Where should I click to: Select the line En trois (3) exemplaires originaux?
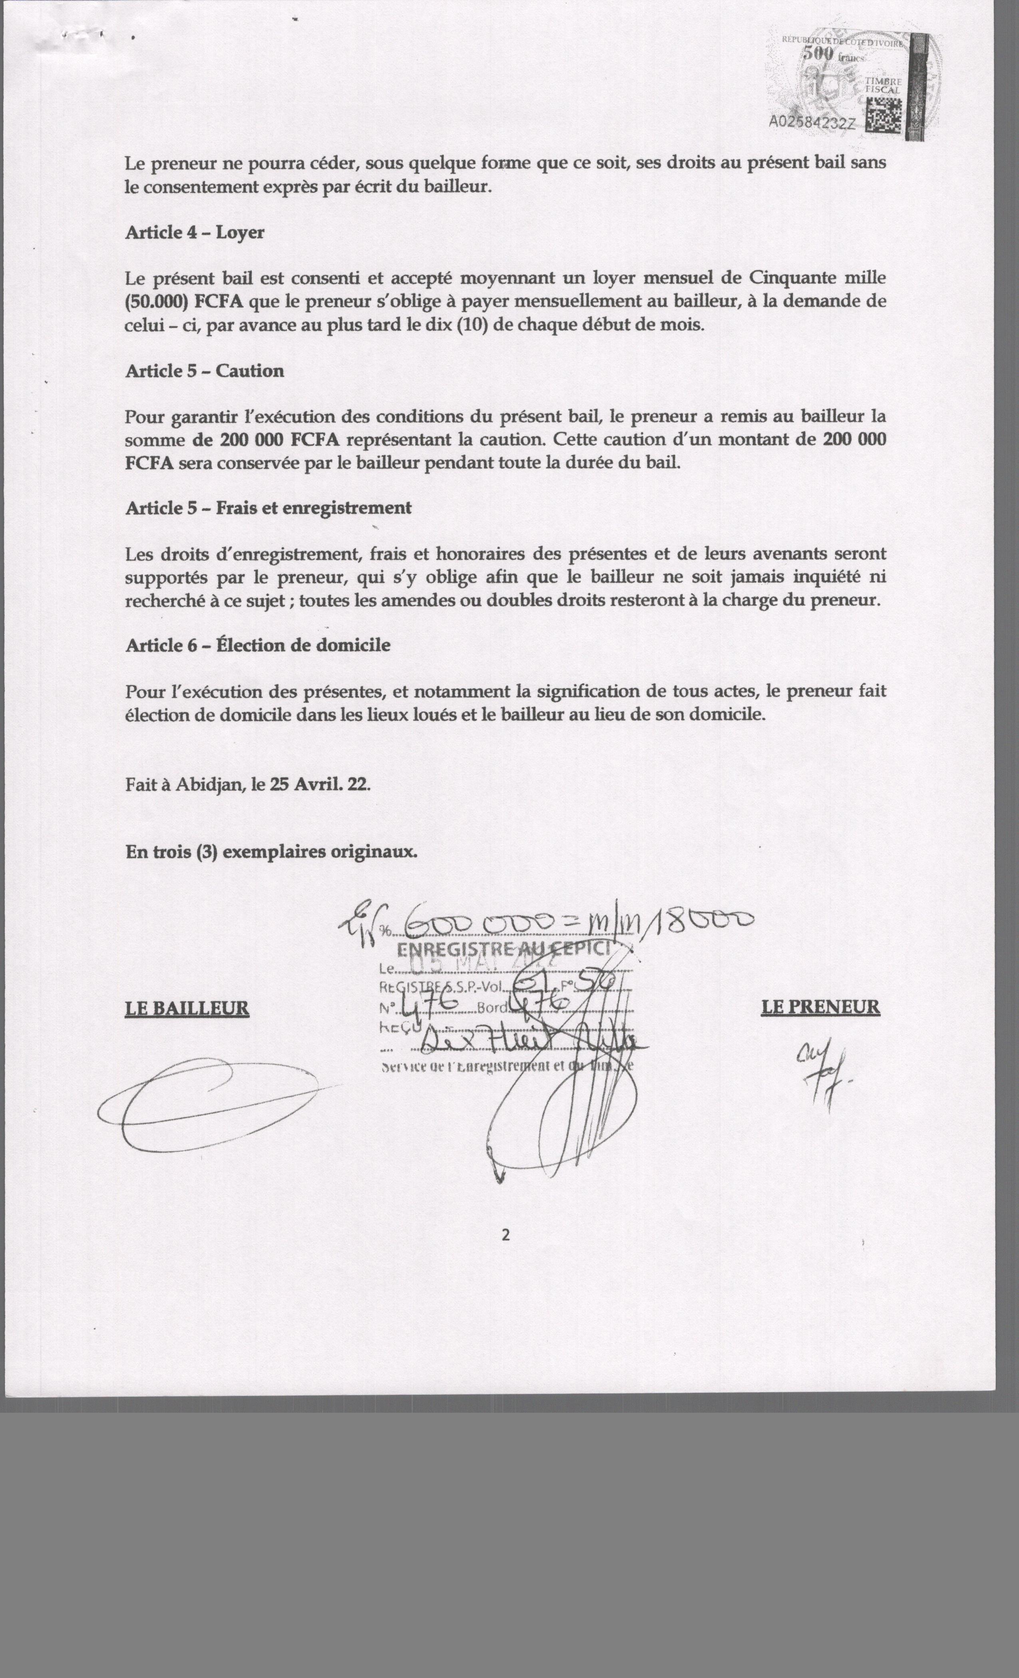(x=271, y=852)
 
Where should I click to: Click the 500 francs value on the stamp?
(x=831, y=54)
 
